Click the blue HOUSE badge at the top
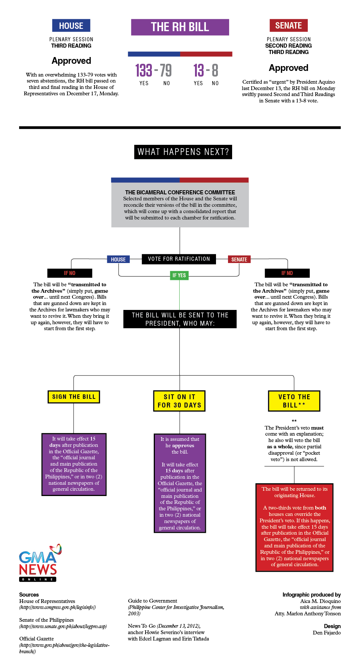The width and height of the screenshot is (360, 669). click(71, 26)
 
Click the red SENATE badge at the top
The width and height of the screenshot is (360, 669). click(288, 26)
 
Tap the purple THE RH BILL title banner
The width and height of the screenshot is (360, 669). click(180, 27)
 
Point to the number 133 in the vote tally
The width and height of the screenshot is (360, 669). click(144, 71)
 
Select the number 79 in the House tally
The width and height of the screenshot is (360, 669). click(166, 71)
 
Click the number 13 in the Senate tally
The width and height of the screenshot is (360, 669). click(199, 71)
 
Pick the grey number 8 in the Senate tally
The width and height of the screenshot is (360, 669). click(215, 71)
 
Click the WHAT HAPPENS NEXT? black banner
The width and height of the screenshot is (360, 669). click(183, 152)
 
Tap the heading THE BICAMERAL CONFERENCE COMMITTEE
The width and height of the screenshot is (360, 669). click(180, 192)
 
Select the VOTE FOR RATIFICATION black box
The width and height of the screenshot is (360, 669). click(179, 259)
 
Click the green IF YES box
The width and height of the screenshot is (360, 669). click(179, 275)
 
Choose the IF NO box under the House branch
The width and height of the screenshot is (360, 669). click(70, 273)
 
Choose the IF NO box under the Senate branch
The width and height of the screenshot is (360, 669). click(287, 273)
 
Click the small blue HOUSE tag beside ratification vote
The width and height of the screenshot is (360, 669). click(118, 259)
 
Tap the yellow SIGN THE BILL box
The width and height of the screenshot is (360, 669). click(74, 397)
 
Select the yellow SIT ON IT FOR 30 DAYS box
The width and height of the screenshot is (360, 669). click(180, 401)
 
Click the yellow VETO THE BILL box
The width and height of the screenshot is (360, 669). click(294, 401)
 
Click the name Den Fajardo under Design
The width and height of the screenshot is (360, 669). click(327, 633)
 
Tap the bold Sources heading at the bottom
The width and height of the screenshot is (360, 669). click(29, 595)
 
